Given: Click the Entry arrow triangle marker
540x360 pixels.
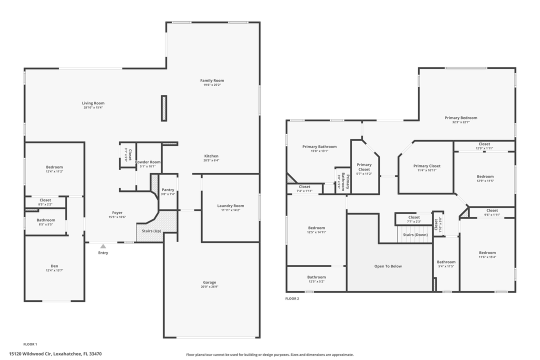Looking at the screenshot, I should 103,246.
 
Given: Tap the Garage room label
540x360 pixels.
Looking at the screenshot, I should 209,282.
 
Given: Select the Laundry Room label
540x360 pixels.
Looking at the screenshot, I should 230,205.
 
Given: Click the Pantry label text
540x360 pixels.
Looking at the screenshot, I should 168,190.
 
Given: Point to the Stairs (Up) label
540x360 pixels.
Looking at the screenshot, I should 151,230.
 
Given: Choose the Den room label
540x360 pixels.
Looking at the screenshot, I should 54,265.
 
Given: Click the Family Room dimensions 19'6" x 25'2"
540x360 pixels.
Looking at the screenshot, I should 212,85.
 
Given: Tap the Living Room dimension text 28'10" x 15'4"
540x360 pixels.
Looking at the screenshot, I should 93,107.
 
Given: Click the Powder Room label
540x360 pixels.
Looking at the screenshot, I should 148,162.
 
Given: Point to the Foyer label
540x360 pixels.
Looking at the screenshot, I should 117,212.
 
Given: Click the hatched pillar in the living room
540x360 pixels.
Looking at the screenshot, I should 163,108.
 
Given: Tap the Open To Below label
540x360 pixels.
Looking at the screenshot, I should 388,266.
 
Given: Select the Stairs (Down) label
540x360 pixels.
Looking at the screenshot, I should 415,234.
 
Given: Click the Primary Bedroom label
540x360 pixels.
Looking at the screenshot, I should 461,118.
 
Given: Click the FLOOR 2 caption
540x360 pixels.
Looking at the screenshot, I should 292,298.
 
